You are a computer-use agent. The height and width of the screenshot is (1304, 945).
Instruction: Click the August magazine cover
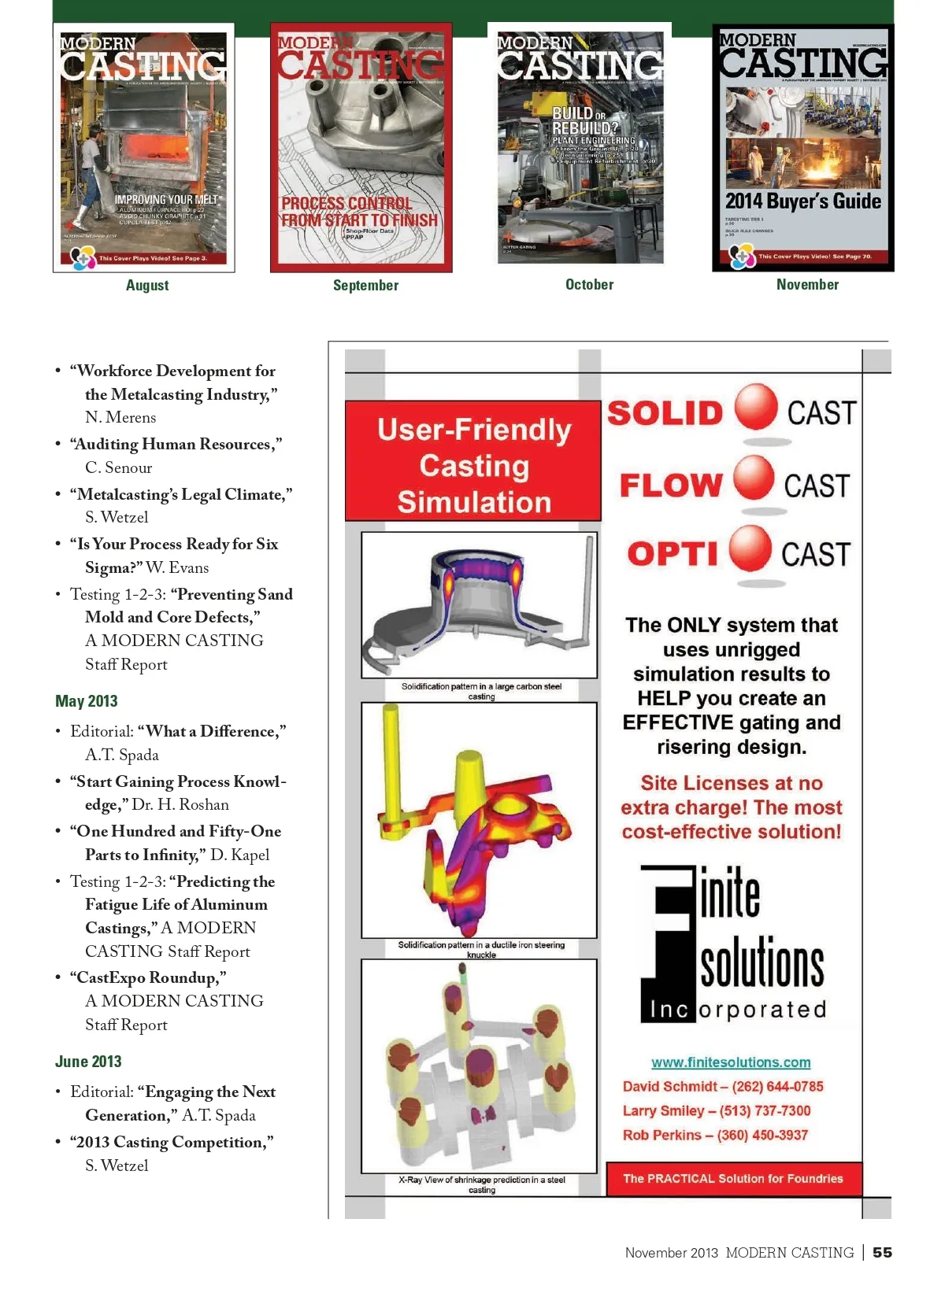tap(144, 148)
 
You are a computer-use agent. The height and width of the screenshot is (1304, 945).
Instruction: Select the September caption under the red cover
tap(365, 285)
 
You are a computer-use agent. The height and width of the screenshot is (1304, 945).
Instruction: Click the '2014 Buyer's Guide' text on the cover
tap(802, 201)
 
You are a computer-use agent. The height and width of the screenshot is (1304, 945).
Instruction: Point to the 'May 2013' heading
tap(87, 701)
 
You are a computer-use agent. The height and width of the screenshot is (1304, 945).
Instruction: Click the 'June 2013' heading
tap(88, 1062)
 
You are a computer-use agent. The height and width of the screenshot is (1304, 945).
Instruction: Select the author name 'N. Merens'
tap(120, 417)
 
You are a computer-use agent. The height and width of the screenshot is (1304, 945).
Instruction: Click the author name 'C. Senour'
tap(119, 467)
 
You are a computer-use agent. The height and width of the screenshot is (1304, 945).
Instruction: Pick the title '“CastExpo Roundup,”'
tap(148, 977)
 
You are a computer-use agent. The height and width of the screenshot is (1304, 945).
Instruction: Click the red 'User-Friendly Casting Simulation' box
tap(473, 465)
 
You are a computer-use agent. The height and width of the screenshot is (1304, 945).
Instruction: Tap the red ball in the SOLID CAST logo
tap(756, 406)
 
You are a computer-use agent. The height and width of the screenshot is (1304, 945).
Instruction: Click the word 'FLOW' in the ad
tap(670, 485)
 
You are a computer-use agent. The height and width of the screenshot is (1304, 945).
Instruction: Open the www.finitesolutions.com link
tap(731, 1062)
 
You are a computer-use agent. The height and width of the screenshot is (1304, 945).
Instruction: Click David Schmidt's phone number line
tap(723, 1087)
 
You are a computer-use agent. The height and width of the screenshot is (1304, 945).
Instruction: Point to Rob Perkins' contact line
tap(715, 1135)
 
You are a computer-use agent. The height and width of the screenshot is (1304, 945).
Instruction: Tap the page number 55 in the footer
tap(882, 1252)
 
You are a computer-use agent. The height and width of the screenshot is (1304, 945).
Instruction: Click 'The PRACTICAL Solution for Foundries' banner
tap(733, 1179)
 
